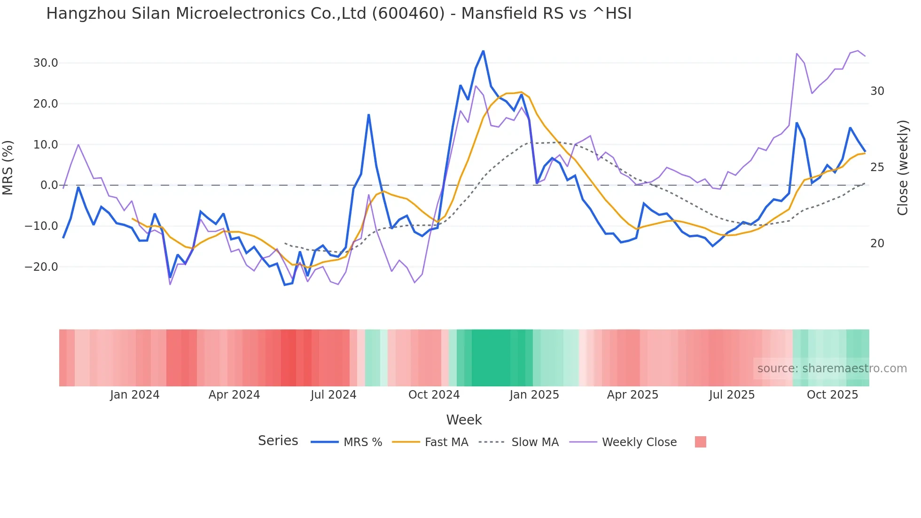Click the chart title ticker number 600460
pos(408,14)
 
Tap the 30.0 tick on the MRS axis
pos(46,63)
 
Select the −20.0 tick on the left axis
pos(41,267)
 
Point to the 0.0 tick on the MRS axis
pos(49,185)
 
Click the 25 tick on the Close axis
pos(877,167)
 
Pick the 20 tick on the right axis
pos(877,243)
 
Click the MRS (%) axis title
pos(8,167)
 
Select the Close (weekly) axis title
pos(902,167)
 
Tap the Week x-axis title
pos(464,420)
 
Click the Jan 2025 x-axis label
pos(534,395)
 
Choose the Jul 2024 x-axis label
pos(334,395)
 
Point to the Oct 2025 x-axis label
pos(832,395)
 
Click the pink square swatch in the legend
pos(700,442)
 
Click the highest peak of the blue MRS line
pos(483,51)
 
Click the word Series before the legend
pos(278,441)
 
